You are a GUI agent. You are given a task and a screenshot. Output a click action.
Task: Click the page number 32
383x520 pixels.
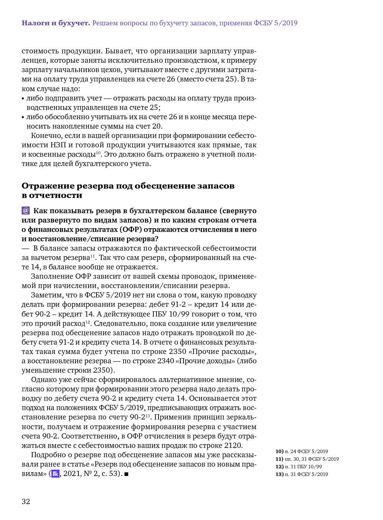(x=26, y=501)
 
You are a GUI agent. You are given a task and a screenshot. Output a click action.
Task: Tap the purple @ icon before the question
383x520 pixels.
(x=26, y=211)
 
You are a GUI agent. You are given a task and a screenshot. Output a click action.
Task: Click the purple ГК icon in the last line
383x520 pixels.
(x=56, y=474)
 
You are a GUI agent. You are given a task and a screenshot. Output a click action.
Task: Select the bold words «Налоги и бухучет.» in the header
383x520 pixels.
(x=56, y=23)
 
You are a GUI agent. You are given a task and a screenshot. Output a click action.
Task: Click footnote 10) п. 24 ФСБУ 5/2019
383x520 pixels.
(x=301, y=451)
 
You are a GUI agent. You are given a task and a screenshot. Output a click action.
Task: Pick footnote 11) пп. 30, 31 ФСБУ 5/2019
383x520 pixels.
(x=307, y=459)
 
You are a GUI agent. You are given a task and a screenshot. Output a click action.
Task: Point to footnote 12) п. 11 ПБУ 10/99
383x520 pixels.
(x=298, y=467)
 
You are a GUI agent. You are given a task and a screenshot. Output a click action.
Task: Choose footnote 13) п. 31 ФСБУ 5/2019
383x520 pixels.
(x=301, y=474)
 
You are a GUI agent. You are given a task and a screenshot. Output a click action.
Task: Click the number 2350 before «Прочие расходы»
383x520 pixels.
(x=177, y=352)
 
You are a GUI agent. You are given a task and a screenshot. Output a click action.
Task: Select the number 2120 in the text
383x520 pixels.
(x=233, y=445)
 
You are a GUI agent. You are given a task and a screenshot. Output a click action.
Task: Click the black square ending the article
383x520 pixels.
(x=126, y=474)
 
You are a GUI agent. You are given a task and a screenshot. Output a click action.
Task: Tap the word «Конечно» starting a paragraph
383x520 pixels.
(x=44, y=136)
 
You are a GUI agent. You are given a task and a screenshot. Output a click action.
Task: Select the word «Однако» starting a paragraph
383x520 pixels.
(x=43, y=380)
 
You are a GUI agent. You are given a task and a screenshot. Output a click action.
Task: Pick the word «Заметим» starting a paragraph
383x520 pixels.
(x=44, y=295)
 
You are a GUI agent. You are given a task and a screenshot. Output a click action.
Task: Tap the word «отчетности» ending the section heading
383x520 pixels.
(x=56, y=195)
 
